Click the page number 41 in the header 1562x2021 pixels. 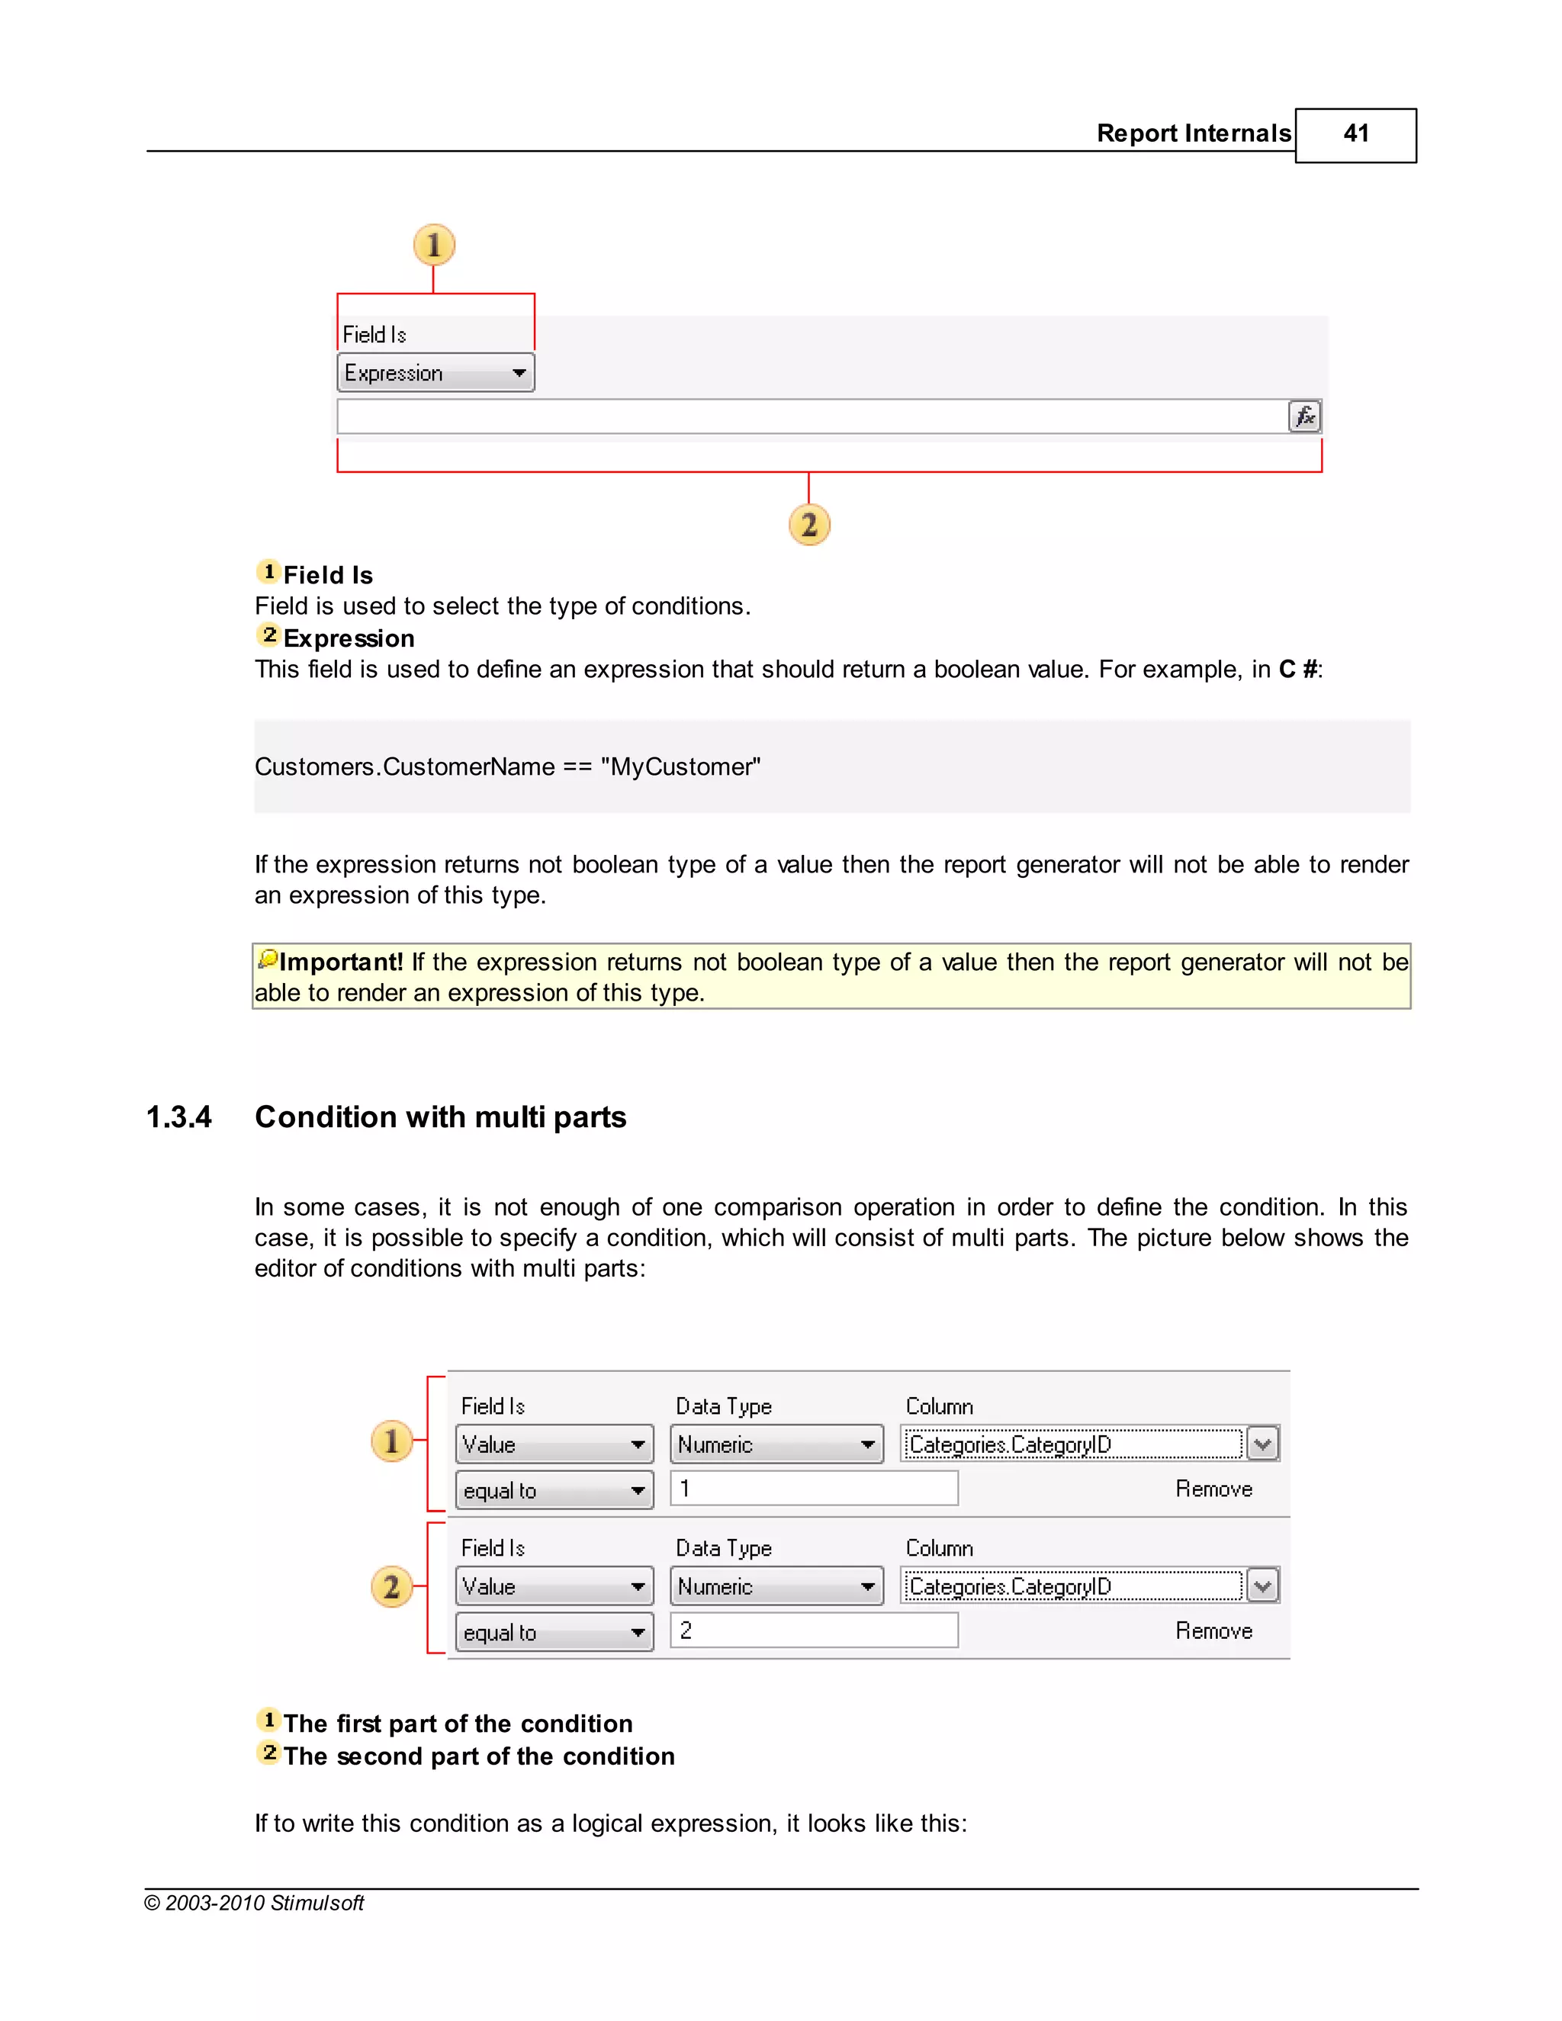(x=1355, y=134)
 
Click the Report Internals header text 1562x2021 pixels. (x=1193, y=134)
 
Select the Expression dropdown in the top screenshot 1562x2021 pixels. (x=435, y=373)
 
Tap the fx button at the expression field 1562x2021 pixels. (x=1303, y=416)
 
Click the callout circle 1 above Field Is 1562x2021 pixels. (x=434, y=246)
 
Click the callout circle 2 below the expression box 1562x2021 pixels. (x=808, y=525)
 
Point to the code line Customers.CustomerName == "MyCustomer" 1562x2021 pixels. (x=507, y=767)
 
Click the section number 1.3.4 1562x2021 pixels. (x=178, y=1117)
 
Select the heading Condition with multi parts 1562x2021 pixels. (x=441, y=1117)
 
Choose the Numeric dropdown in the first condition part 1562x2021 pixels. (x=776, y=1444)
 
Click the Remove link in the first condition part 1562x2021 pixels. (x=1213, y=1489)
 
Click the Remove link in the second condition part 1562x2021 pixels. (x=1213, y=1631)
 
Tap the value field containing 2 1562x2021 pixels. (x=813, y=1631)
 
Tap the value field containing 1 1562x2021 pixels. (x=813, y=1489)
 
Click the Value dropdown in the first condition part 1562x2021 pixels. (x=554, y=1444)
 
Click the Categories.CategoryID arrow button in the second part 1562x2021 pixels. (x=1262, y=1586)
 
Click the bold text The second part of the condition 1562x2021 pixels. (x=478, y=1756)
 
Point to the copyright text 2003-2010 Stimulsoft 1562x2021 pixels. (x=255, y=1904)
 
